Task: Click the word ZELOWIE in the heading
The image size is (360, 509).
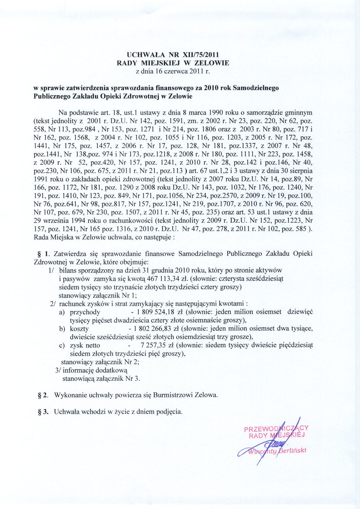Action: [x=212, y=63]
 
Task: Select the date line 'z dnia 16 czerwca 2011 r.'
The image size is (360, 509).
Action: [x=173, y=71]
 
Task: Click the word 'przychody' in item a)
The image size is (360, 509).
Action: [x=85, y=312]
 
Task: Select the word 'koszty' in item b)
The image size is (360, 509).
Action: [x=79, y=329]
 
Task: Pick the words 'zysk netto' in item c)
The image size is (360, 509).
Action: [x=85, y=346]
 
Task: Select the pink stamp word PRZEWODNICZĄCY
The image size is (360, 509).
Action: [x=276, y=429]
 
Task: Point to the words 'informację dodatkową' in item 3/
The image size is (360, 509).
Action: [x=95, y=371]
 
